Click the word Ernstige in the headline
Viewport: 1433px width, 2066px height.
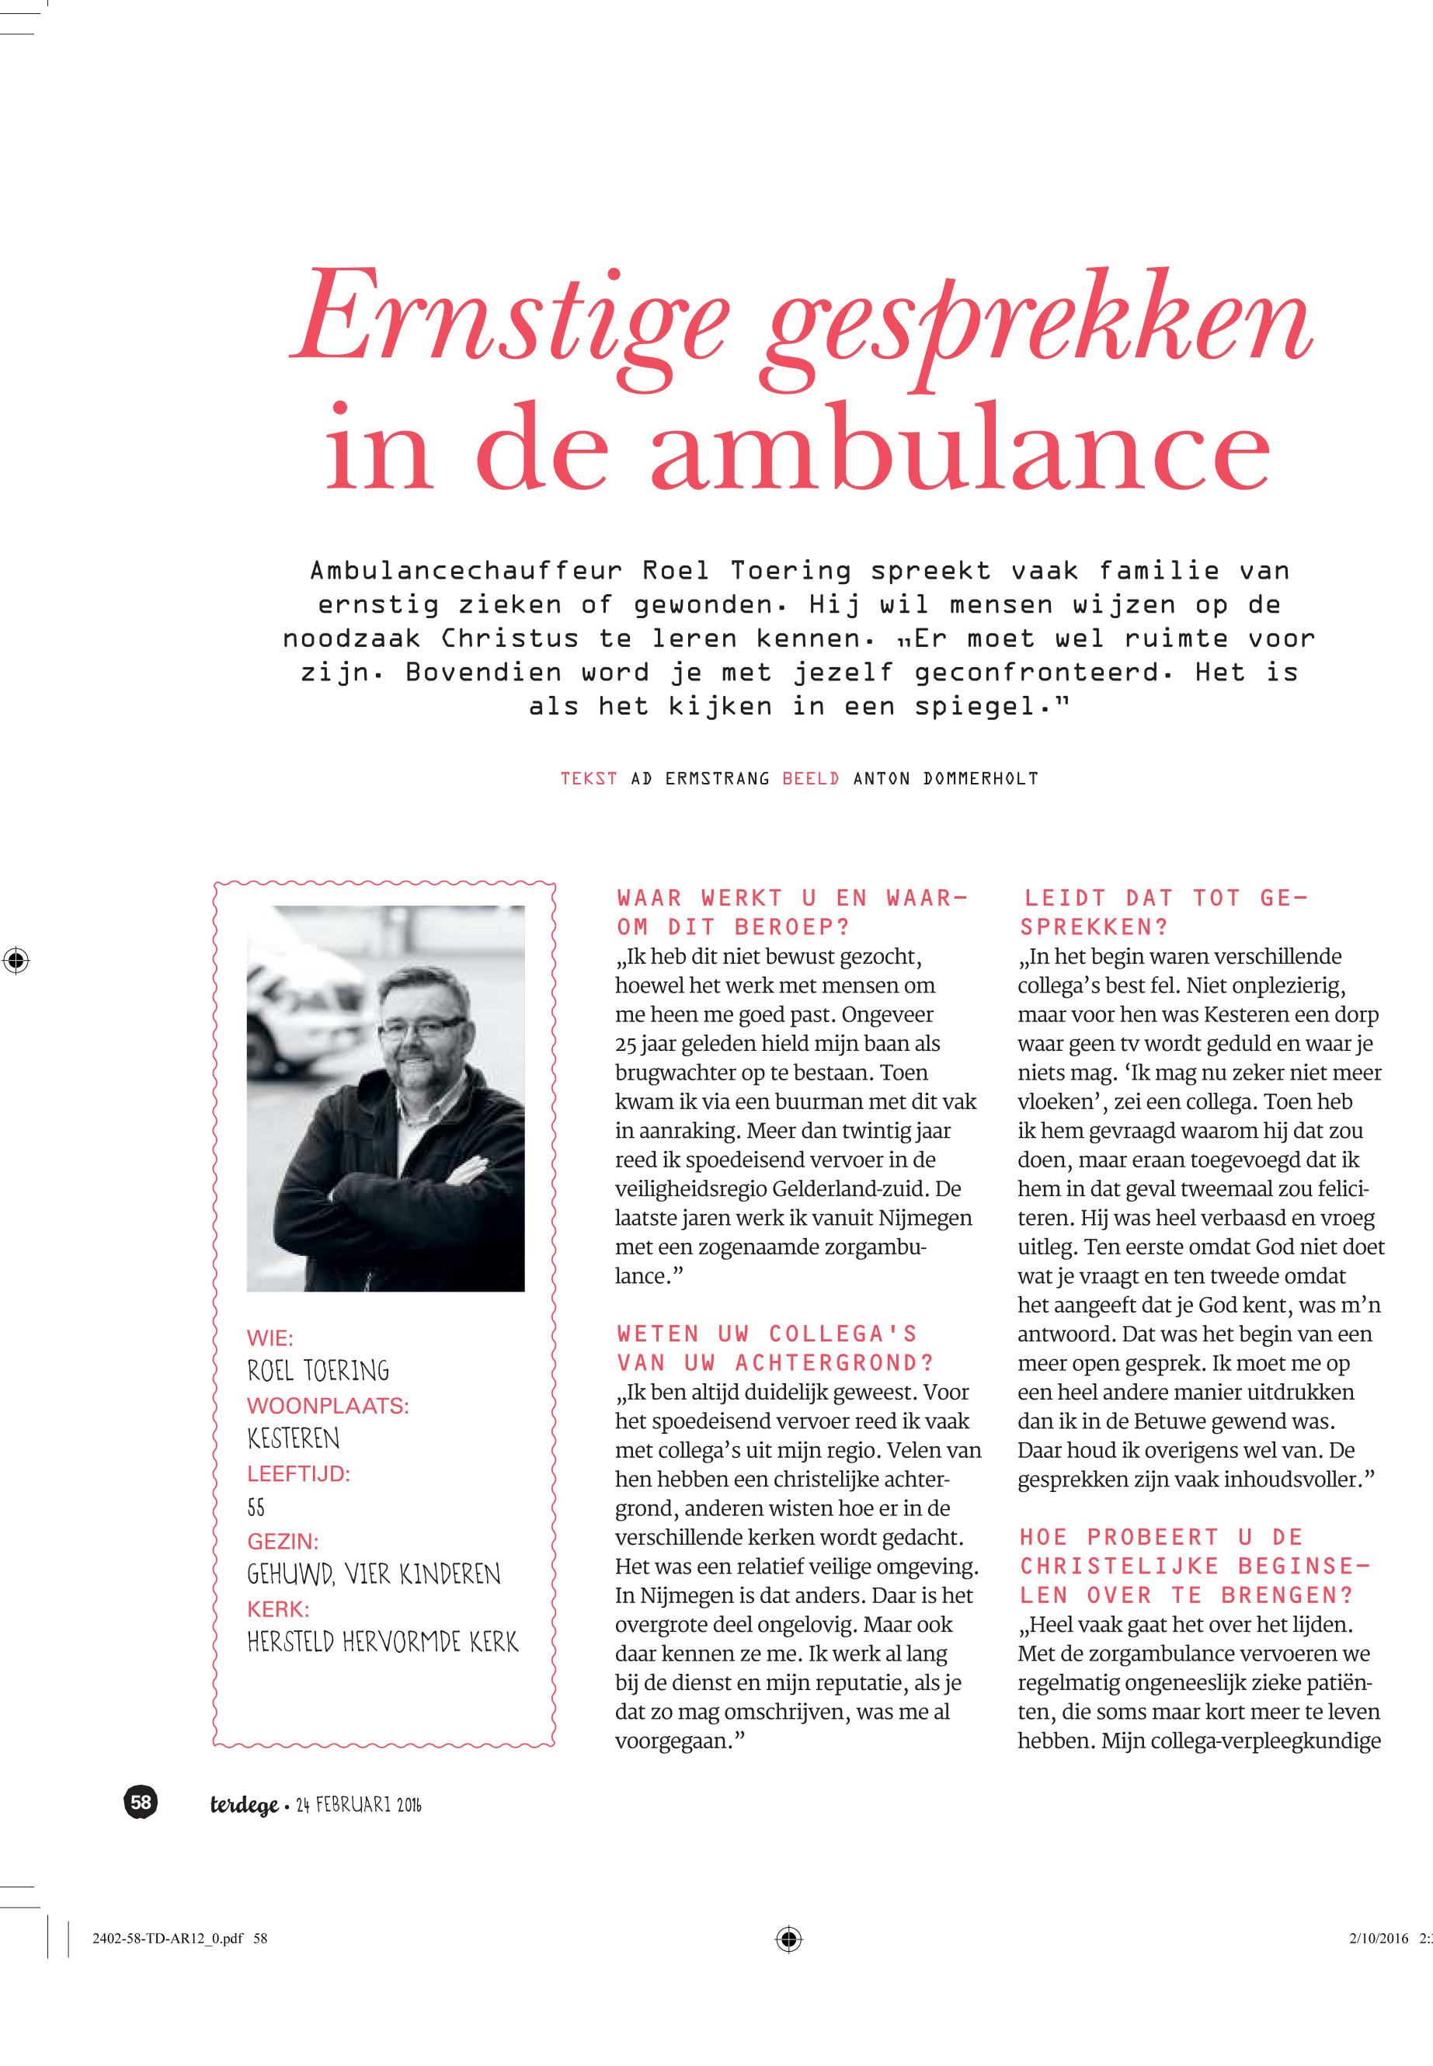pos(507,326)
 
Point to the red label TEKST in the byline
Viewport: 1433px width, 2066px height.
pos(589,778)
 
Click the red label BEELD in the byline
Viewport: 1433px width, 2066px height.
pos(812,778)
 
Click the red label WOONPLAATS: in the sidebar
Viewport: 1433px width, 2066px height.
pos(328,1406)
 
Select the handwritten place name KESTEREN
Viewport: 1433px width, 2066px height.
pos(294,1439)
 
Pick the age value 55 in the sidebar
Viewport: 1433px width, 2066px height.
pos(256,1508)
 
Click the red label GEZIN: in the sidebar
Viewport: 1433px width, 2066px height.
pos(283,1542)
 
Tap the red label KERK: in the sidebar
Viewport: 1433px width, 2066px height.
pos(277,1610)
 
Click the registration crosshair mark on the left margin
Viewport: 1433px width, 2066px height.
pos(16,960)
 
